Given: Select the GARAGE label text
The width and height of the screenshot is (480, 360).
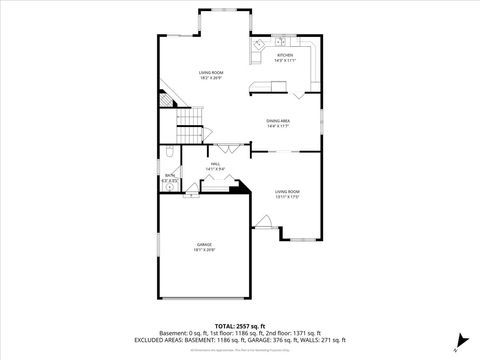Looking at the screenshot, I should pos(204,244).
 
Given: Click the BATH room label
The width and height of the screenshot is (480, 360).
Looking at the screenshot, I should pos(170,175).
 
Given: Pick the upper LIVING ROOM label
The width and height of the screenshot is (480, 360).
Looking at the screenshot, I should pos(210,73).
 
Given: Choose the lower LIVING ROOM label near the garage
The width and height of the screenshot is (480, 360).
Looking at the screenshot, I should pos(288,191).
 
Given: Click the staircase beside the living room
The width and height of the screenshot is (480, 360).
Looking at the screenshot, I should pos(190,127).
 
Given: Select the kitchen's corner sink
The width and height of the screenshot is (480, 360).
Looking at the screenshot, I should pos(257,44).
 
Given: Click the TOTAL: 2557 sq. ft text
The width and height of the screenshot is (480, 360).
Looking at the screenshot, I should pos(240,327).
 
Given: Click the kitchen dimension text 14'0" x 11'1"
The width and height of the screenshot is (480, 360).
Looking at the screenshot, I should pos(285,61).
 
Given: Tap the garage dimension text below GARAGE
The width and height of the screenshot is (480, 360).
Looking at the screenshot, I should pos(204,250).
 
